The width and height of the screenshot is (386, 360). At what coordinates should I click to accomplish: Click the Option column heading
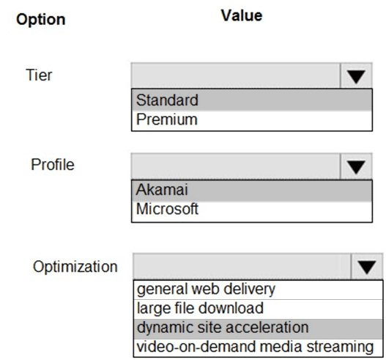(41, 20)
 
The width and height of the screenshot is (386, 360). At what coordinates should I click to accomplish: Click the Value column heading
(242, 15)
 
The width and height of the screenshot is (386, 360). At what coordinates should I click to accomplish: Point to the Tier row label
(39, 75)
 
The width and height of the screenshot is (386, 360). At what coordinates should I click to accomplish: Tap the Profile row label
(53, 164)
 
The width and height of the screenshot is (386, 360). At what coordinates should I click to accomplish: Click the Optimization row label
(75, 267)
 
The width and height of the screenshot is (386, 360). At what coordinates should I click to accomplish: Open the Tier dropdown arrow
(356, 76)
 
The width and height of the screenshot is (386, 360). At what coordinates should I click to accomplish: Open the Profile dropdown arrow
(356, 166)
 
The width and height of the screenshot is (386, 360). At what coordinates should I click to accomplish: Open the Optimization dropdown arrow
(367, 267)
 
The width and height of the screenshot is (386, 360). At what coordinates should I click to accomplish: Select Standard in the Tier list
(167, 100)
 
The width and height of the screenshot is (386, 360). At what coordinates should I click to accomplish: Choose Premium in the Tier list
(167, 120)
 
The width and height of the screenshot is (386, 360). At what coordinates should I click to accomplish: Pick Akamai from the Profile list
(162, 190)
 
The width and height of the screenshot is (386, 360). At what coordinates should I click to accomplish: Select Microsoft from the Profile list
(167, 209)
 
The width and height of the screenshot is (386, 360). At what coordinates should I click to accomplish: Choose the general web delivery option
(206, 290)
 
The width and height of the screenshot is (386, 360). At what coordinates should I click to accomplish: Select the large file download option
(200, 309)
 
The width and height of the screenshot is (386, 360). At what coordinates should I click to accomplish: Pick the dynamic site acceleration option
(223, 328)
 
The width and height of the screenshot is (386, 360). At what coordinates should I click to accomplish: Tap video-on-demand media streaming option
(255, 347)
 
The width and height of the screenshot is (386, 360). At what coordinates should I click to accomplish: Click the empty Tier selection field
(236, 76)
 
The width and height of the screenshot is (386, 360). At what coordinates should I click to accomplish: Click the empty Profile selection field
(236, 166)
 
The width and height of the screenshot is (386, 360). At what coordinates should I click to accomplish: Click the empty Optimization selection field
(242, 267)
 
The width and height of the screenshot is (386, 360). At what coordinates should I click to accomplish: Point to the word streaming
(340, 348)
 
